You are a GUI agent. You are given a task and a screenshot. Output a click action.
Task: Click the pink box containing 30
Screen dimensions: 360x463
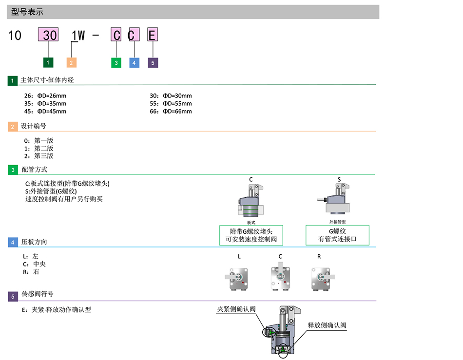coord(49,35)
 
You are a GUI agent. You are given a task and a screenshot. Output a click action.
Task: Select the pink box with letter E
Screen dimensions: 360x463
coord(153,35)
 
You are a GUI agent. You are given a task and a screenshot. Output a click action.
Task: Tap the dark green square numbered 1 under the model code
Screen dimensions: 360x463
coord(48,62)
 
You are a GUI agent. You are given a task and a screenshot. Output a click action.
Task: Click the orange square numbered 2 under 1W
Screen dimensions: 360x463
coord(72,62)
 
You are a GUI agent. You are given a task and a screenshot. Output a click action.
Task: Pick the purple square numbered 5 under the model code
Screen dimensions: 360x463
coord(153,62)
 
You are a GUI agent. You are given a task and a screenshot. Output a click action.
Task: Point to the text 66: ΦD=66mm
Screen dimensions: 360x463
coord(171,111)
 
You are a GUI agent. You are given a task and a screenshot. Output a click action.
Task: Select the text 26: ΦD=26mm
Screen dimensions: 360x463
coord(45,95)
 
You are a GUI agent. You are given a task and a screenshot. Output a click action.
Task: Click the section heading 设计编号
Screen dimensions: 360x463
coord(34,126)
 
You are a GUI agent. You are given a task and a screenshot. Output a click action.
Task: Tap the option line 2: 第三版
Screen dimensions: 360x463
coord(39,156)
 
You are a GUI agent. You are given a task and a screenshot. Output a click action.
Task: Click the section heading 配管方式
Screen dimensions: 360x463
coord(34,170)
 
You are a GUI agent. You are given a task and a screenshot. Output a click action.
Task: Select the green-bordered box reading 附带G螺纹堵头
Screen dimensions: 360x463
coord(251,235)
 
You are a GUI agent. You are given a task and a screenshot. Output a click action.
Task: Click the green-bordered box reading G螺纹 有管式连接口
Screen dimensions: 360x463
coord(337,235)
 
